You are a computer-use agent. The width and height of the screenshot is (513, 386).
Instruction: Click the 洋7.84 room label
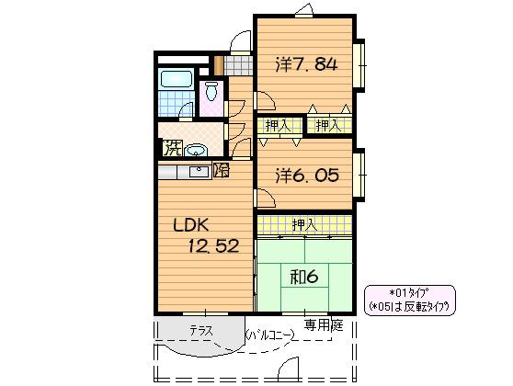click(306, 64)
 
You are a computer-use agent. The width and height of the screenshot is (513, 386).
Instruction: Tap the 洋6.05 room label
click(306, 176)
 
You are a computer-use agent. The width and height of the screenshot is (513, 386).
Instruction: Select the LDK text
click(190, 225)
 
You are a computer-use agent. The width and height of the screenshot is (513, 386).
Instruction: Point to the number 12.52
click(213, 246)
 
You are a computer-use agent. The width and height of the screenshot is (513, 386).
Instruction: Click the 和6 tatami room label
click(304, 278)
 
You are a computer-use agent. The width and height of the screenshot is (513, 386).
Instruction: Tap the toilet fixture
click(211, 91)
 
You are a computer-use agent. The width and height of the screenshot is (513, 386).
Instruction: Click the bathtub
click(176, 79)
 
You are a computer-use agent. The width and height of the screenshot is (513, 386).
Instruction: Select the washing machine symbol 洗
click(172, 148)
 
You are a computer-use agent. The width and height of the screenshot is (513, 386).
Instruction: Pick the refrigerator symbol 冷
click(222, 170)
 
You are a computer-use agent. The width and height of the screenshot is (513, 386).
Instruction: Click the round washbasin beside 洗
click(195, 151)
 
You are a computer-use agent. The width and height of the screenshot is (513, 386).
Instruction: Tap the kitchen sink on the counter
click(199, 172)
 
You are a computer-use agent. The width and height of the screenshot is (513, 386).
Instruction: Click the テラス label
click(201, 330)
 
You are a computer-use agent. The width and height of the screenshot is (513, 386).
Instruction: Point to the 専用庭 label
click(324, 324)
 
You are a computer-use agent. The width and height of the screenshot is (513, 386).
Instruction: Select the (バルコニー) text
click(269, 335)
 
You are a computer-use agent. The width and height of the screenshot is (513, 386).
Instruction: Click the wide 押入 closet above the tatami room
click(304, 225)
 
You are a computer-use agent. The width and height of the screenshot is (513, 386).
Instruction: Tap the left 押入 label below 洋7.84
click(278, 125)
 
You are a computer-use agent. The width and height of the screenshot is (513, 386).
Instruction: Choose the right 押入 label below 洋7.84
click(328, 125)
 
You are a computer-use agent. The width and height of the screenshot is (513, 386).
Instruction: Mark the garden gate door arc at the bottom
click(288, 367)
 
